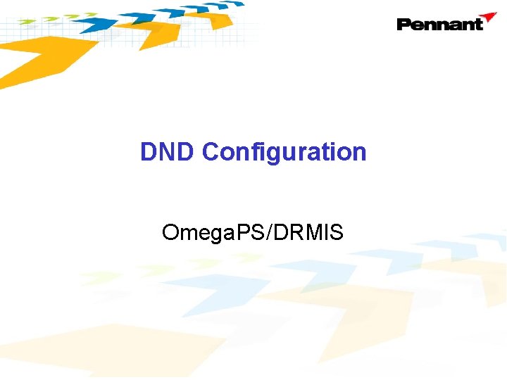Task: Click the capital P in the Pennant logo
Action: click(x=405, y=25)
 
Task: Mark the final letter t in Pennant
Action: click(x=479, y=25)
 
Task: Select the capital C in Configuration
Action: click(x=211, y=152)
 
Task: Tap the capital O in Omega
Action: click(x=170, y=232)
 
